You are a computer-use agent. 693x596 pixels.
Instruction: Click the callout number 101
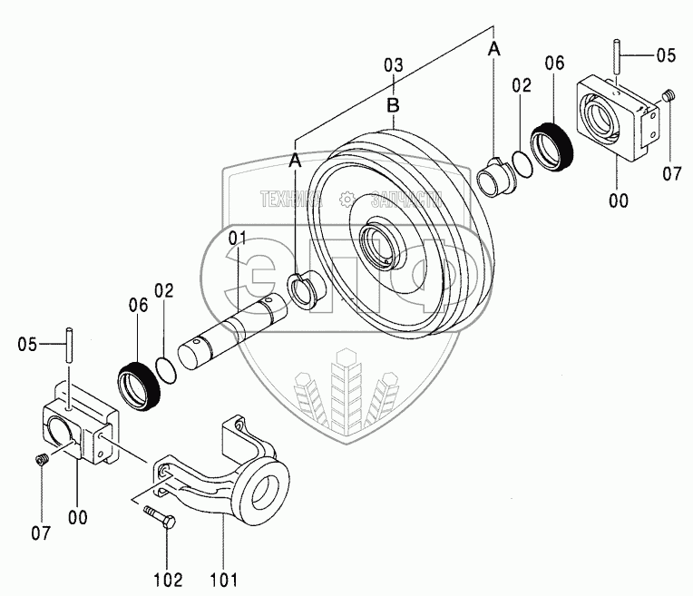(x=224, y=580)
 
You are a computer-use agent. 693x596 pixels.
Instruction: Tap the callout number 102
(x=168, y=580)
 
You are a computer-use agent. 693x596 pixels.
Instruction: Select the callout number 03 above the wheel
(x=394, y=65)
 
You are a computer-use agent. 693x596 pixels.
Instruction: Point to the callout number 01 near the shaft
(x=238, y=239)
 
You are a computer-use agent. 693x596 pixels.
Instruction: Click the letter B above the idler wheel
(x=394, y=105)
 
